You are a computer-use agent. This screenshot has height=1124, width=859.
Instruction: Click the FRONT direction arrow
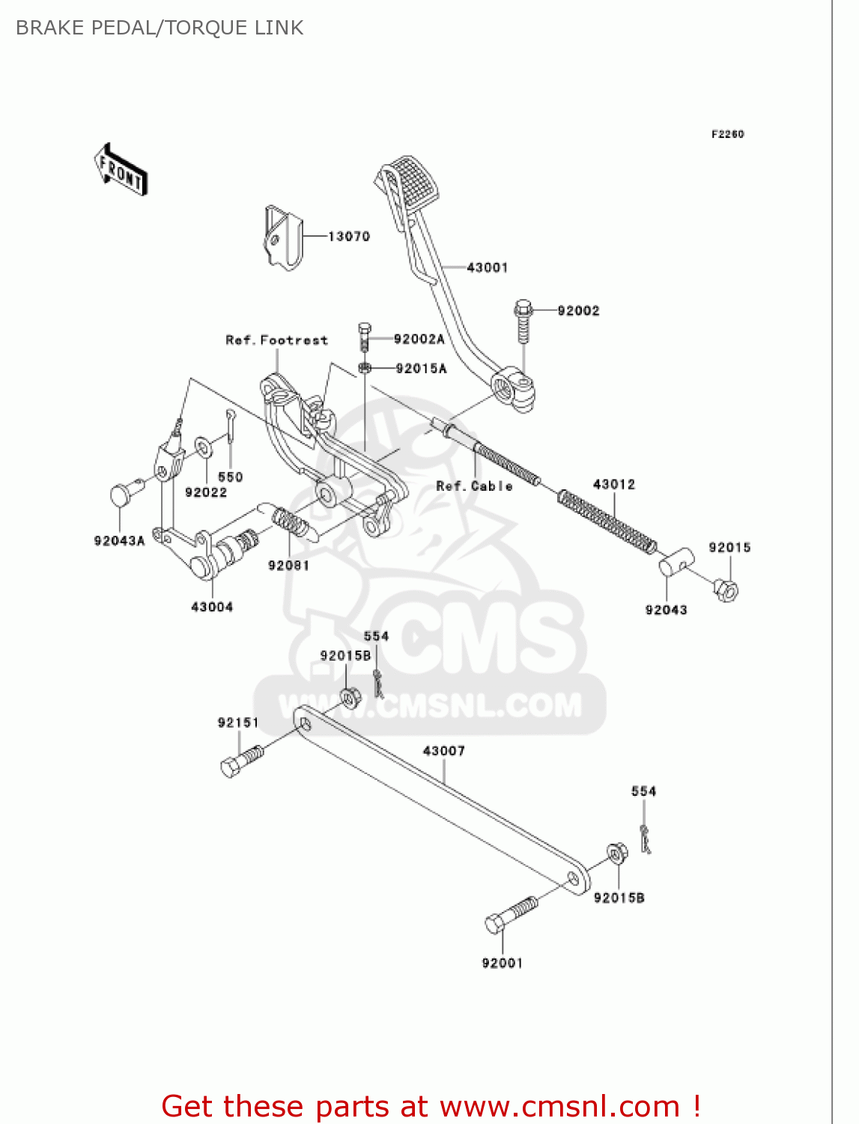[121, 170]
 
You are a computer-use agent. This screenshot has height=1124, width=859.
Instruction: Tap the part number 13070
[349, 237]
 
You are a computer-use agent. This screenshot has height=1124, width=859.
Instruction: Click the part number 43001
[487, 268]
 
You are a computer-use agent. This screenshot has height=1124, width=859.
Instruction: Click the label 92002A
[419, 339]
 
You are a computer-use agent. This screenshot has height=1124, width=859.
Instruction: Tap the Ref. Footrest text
[276, 340]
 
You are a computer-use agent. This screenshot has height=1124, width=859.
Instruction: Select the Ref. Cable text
[474, 486]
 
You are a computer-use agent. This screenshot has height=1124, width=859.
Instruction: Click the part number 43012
[613, 485]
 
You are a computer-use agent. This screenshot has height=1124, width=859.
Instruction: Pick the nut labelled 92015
[726, 590]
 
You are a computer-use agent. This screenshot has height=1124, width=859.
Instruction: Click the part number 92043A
[119, 541]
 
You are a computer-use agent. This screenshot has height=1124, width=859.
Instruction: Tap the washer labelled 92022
[203, 447]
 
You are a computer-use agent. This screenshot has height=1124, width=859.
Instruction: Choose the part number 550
[231, 477]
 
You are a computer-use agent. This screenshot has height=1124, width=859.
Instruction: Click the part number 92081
[288, 566]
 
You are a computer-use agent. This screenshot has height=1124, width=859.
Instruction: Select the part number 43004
[212, 607]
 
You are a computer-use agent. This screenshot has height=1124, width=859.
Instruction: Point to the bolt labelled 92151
[242, 761]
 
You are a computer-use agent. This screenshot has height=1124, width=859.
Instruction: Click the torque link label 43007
[443, 751]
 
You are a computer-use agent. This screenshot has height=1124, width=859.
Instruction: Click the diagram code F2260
[727, 134]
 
